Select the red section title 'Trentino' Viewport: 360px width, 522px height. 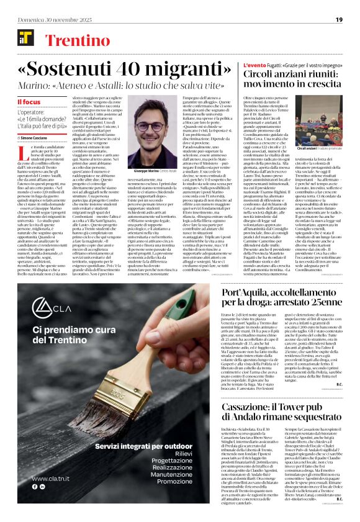tap(73, 41)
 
